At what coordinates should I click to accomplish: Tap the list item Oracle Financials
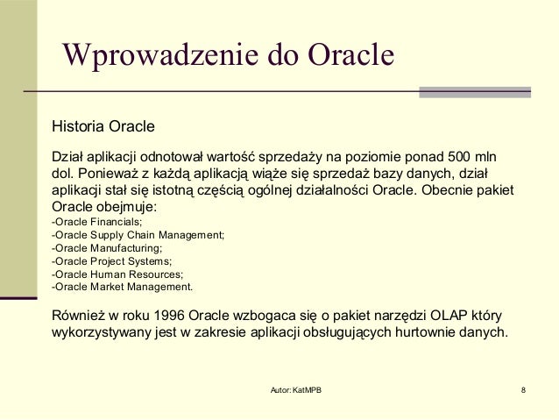(x=97, y=223)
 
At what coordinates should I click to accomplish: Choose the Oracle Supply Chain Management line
(x=138, y=235)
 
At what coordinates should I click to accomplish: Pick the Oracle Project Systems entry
(x=111, y=260)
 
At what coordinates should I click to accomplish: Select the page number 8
(x=523, y=389)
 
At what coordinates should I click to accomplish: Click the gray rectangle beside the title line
(x=475, y=92)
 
